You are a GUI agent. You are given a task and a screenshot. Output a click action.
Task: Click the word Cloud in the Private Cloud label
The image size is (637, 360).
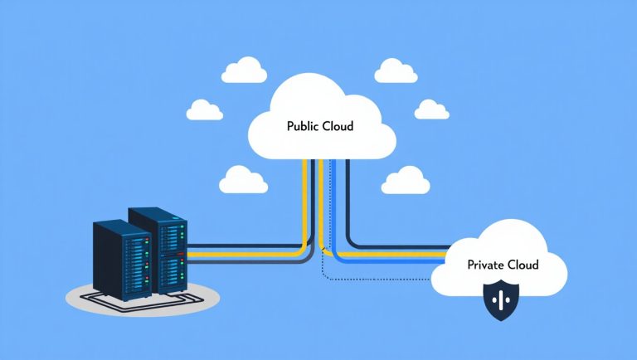[x=521, y=265]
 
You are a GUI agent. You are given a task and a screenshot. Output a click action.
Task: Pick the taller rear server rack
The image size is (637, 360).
[x=158, y=248]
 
